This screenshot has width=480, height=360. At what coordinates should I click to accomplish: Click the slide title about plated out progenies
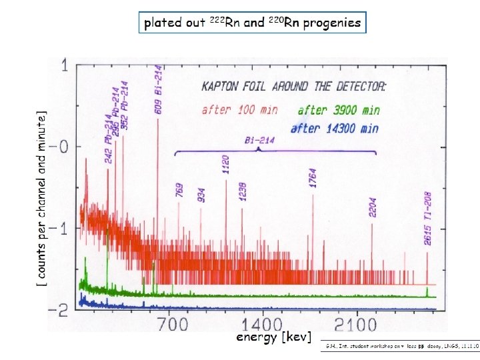(253, 23)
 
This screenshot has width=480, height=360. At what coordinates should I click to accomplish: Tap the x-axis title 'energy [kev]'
(273, 337)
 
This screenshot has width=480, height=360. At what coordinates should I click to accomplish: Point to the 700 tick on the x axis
(173, 325)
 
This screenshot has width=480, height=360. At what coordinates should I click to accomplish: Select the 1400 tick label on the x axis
(263, 325)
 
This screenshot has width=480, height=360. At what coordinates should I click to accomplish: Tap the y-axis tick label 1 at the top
(65, 66)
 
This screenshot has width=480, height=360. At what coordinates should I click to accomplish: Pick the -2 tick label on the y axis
(61, 309)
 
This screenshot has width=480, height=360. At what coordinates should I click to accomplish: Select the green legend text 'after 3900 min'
(339, 111)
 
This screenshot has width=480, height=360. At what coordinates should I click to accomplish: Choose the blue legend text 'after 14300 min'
(334, 128)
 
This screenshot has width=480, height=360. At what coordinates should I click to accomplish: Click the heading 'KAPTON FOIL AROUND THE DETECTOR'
(294, 86)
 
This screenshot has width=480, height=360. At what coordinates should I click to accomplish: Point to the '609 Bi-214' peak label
(159, 89)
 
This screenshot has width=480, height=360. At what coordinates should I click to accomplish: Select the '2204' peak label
(372, 206)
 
